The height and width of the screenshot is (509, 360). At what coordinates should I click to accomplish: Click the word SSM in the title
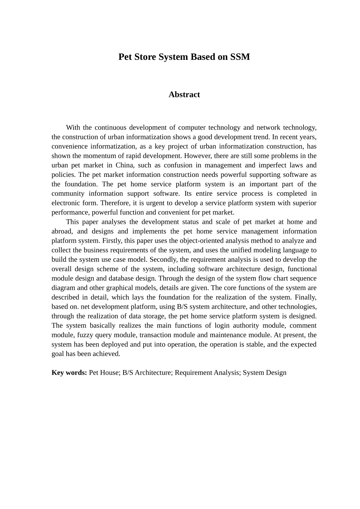coord(240,57)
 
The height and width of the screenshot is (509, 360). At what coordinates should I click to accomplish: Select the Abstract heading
coord(184,95)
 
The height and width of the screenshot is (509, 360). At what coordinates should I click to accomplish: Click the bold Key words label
coord(69,373)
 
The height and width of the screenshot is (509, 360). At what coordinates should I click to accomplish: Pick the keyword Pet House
coord(104,373)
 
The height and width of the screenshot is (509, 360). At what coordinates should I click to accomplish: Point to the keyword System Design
coord(265,373)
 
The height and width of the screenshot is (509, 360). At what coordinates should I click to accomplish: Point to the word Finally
coord(305,297)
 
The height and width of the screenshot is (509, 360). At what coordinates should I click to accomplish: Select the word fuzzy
coord(86,335)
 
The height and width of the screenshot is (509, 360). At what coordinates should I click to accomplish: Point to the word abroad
coord(62,231)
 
